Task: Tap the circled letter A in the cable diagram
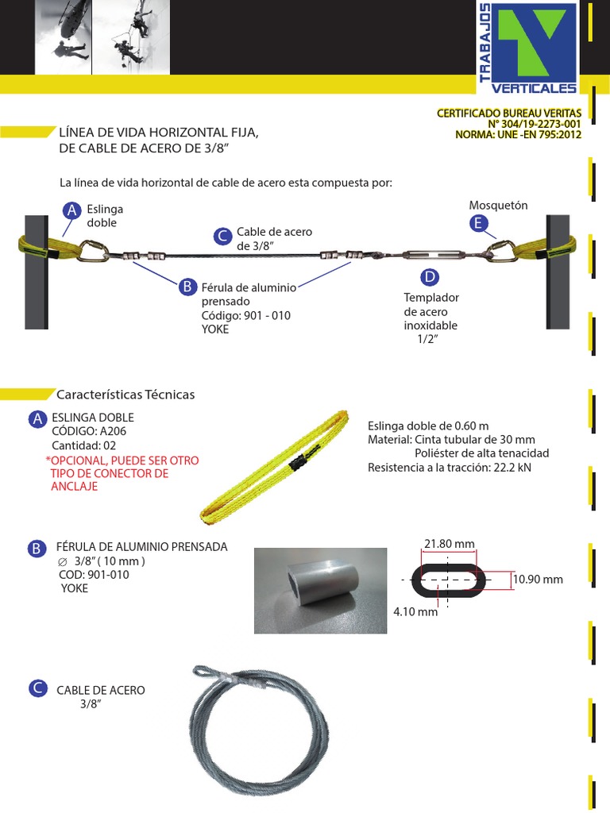[72, 210]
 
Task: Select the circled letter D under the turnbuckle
[429, 277]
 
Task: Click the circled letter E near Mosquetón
[477, 224]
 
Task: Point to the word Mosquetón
[498, 206]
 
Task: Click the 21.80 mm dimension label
[449, 544]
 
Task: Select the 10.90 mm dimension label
[538, 580]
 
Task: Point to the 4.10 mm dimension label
[415, 612]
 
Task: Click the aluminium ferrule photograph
[320, 590]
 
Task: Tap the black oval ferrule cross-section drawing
[449, 580]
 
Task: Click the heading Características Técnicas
[125, 395]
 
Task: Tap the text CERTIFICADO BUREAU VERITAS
[509, 114]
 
